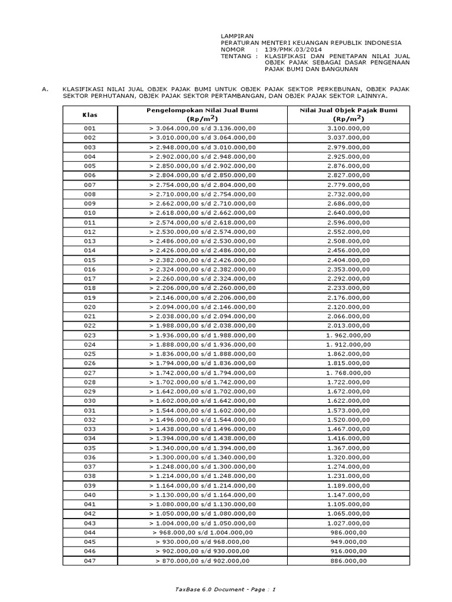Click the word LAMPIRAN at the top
[x=234, y=35]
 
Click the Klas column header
[x=89, y=115]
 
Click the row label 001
[x=89, y=128]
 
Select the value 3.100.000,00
[x=348, y=128]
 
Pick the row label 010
[x=89, y=213]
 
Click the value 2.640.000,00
[x=348, y=213]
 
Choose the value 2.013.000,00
[x=348, y=326]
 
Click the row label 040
[x=89, y=496]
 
